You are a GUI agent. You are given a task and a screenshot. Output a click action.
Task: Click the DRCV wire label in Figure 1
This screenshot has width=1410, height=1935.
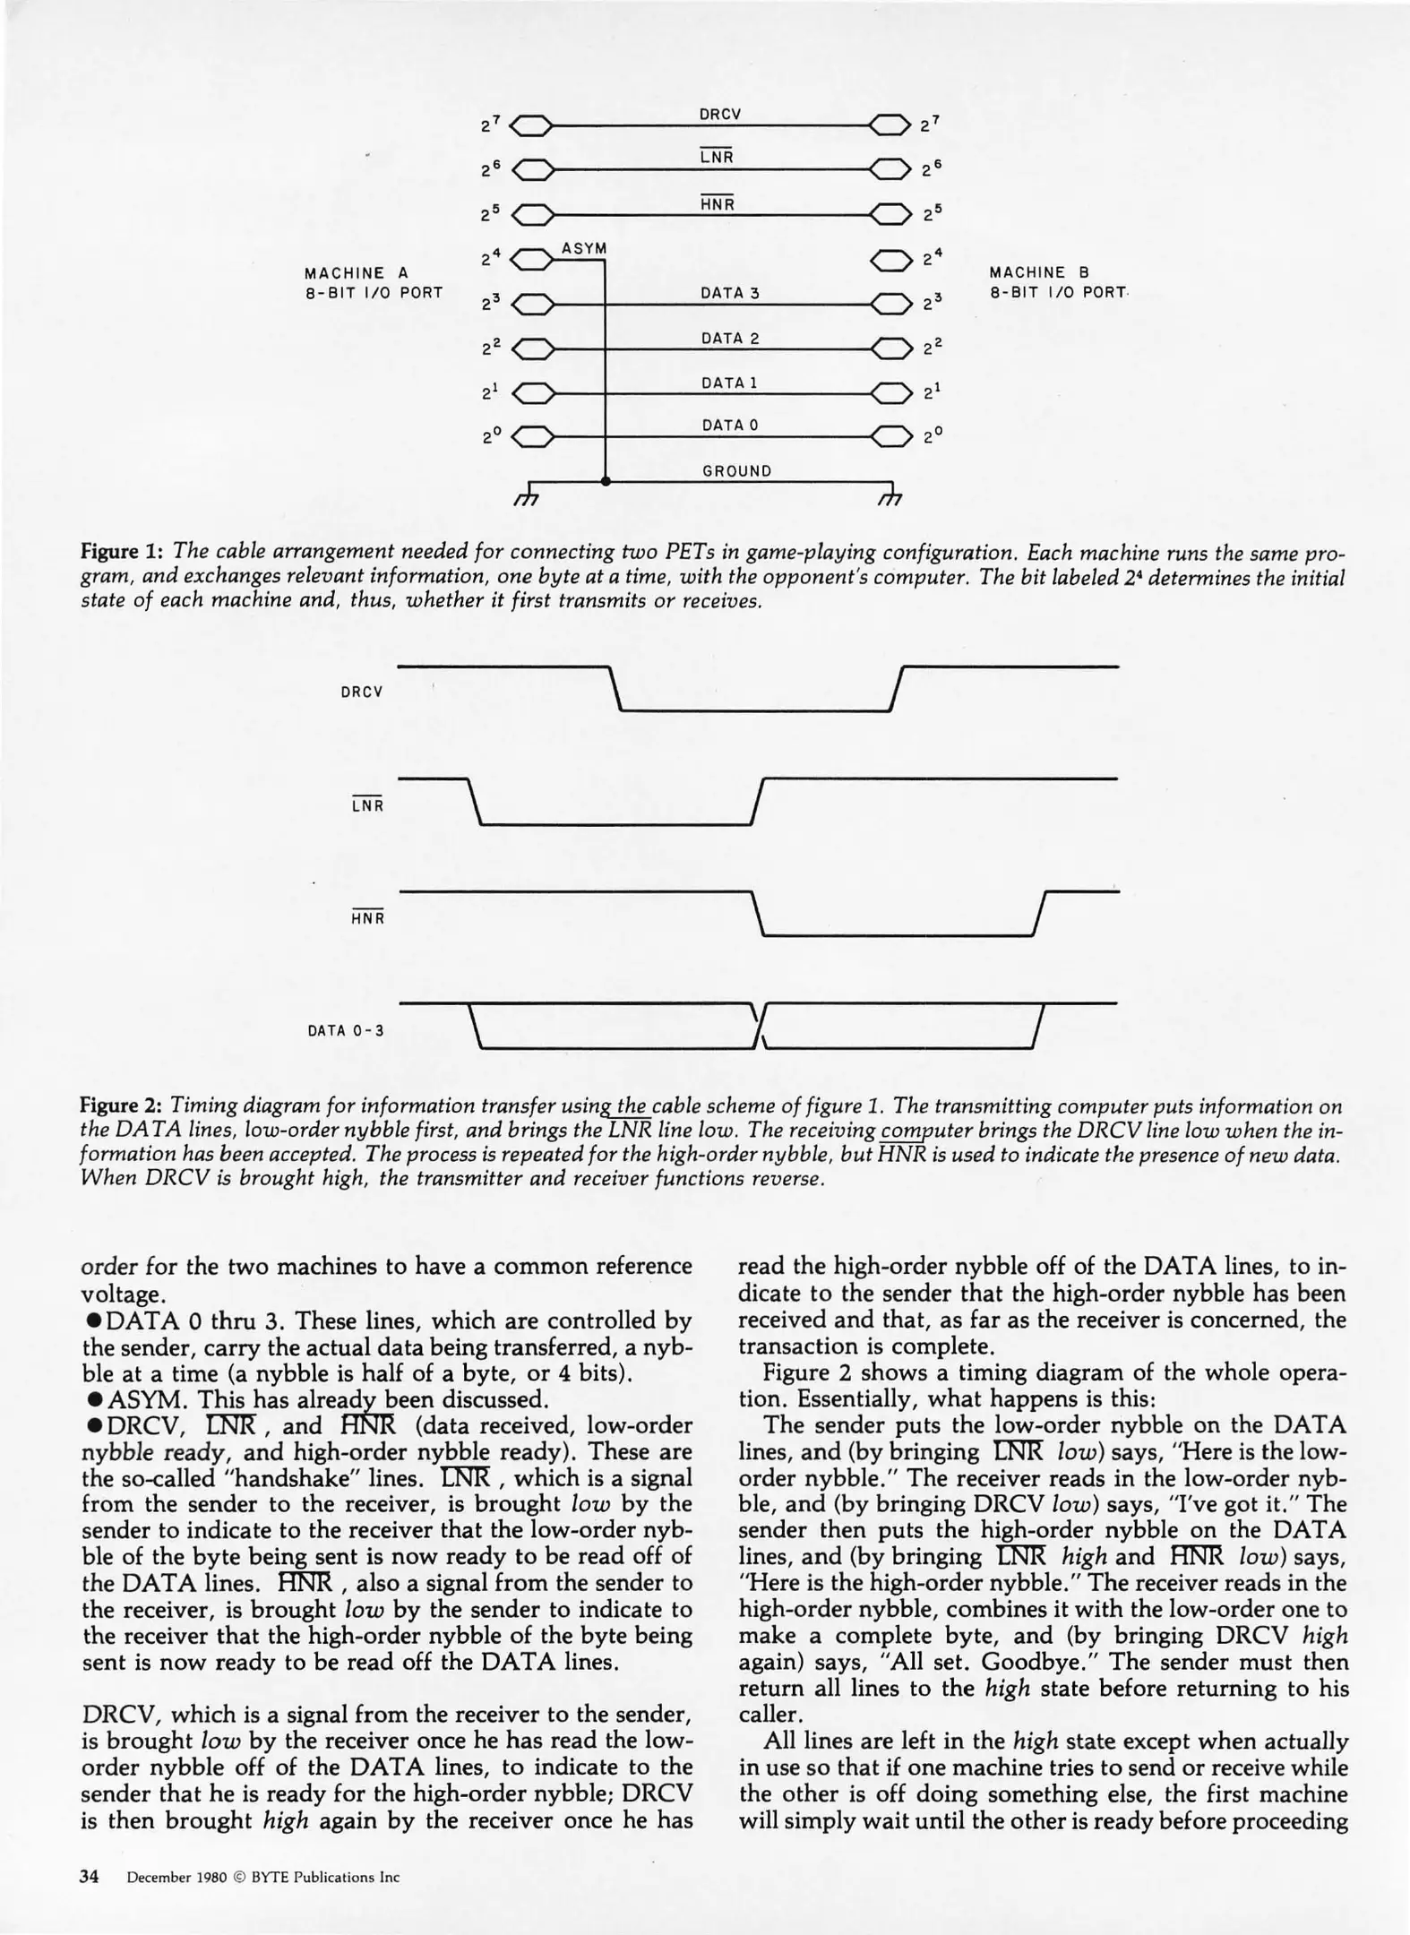[x=719, y=114]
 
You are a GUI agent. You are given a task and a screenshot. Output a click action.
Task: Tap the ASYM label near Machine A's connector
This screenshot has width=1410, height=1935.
[x=584, y=248]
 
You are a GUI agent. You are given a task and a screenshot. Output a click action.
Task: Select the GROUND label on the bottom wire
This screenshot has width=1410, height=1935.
[x=736, y=470]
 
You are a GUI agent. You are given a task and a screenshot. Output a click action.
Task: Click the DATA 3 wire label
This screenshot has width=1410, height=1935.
[x=729, y=293]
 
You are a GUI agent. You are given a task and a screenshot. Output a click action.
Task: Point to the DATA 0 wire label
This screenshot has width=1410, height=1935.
[x=729, y=425]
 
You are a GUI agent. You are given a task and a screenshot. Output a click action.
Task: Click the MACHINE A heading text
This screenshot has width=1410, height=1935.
[x=357, y=272]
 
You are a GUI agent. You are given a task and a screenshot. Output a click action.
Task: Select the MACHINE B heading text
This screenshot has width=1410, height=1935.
[x=1039, y=272]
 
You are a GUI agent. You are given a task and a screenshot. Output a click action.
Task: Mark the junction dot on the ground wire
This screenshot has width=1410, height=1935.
[x=606, y=482]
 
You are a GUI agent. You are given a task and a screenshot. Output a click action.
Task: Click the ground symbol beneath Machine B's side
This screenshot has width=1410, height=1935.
[x=890, y=494]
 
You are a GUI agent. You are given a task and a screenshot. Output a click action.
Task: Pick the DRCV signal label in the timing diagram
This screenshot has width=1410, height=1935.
[x=362, y=692]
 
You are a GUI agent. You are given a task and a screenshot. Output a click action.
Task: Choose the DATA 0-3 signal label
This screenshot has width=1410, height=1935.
[x=346, y=1030]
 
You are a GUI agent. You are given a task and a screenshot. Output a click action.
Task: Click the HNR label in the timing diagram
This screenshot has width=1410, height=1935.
[x=367, y=917]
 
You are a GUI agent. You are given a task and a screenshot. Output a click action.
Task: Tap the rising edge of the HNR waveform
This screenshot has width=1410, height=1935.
[x=1040, y=914]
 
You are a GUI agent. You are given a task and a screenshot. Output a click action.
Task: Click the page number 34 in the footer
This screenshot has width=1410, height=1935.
[x=89, y=1877]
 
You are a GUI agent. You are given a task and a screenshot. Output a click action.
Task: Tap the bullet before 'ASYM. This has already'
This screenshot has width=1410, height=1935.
[x=92, y=1399]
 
